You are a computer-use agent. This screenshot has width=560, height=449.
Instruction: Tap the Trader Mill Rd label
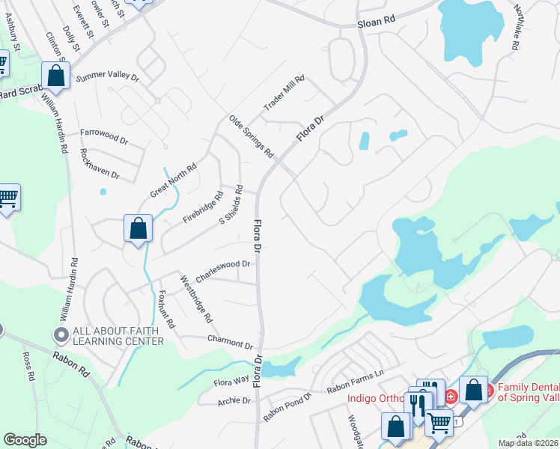tap(285, 94)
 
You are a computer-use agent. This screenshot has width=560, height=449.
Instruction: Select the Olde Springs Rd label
tap(251, 136)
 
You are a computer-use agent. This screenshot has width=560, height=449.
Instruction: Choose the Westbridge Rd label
tap(196, 299)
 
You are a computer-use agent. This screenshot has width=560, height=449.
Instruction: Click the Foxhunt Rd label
tap(165, 310)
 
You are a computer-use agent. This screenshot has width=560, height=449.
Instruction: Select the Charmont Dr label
tap(230, 341)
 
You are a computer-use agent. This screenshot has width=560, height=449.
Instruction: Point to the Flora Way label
tap(231, 382)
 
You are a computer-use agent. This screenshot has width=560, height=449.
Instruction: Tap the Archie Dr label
tap(234, 401)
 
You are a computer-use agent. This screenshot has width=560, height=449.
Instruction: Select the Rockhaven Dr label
tap(100, 162)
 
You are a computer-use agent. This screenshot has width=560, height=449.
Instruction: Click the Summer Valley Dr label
tap(108, 76)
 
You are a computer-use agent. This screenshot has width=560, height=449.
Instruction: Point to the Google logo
tap(25, 439)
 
